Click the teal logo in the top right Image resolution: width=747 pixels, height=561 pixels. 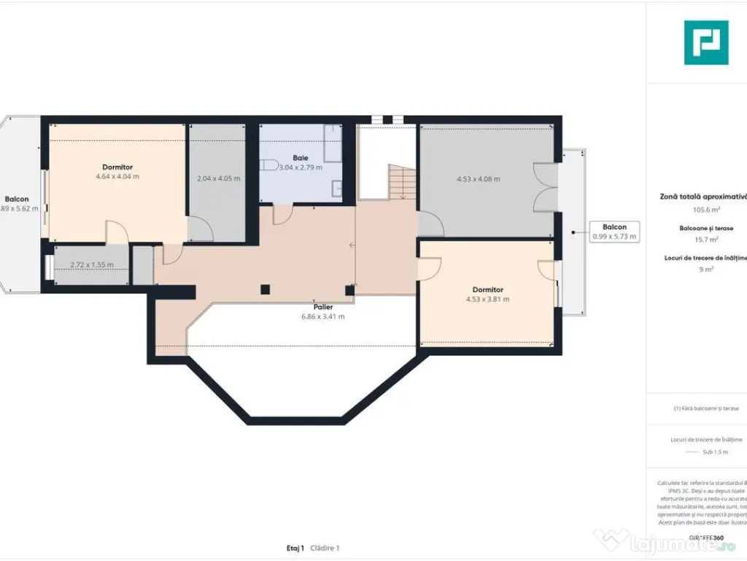click(x=705, y=42)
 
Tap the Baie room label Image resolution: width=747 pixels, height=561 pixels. click(x=301, y=158)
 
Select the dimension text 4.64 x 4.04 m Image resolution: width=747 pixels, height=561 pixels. click(x=117, y=177)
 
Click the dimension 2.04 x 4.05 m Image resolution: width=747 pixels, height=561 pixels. click(x=218, y=179)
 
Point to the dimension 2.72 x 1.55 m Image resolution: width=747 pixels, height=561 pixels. click(x=91, y=265)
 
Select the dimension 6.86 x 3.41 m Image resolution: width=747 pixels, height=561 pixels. click(x=322, y=317)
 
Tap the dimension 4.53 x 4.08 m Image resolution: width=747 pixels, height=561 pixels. click(x=478, y=179)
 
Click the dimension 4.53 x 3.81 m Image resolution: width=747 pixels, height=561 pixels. click(x=487, y=299)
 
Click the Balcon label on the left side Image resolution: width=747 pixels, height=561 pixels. click(x=17, y=199)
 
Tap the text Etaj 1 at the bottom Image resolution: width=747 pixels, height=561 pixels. click(x=295, y=548)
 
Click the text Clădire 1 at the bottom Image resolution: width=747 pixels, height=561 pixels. click(x=325, y=548)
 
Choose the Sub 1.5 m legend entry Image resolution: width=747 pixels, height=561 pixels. click(x=715, y=452)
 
